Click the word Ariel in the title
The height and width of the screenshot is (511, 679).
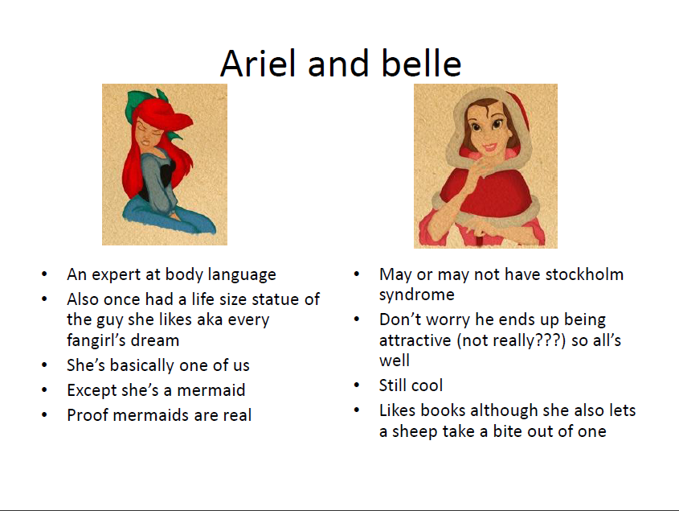click(x=259, y=64)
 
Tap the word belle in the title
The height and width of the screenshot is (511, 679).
click(x=421, y=64)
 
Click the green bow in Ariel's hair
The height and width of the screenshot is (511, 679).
click(x=144, y=104)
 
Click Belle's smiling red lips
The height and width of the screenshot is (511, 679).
click(x=490, y=146)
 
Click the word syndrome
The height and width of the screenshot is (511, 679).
click(x=416, y=295)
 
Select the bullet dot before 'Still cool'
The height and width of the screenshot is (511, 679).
click(x=357, y=385)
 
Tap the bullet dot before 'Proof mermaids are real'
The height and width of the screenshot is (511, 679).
click(x=44, y=414)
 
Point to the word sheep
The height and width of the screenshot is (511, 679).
click(x=411, y=432)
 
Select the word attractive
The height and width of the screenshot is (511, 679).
click(x=415, y=340)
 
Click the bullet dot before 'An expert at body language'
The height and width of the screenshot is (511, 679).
click(x=44, y=274)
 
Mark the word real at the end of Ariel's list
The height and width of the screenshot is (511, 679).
click(x=237, y=415)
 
